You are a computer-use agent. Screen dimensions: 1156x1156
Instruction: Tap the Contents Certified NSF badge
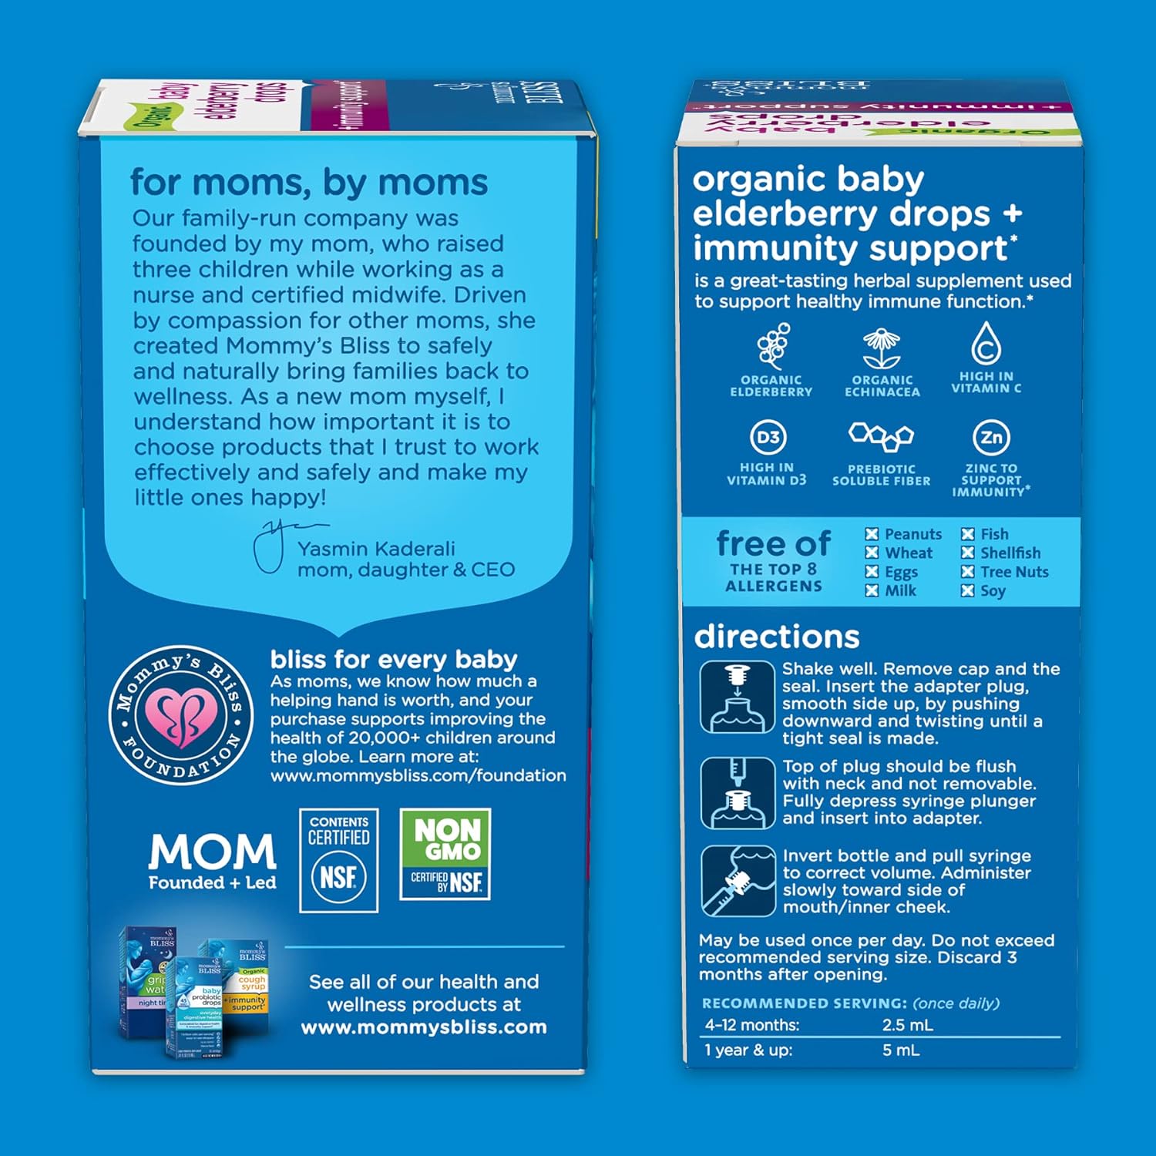click(x=338, y=860)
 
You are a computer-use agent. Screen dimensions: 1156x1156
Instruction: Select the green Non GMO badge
click(x=445, y=854)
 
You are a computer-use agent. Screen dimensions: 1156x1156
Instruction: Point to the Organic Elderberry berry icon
click(x=773, y=346)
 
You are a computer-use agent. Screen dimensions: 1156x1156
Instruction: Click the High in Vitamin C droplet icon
click(x=986, y=343)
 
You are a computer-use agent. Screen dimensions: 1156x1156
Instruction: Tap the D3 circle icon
click(x=768, y=438)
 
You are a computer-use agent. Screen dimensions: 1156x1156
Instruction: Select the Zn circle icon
click(x=991, y=438)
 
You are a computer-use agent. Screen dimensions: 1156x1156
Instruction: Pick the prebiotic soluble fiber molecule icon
click(x=881, y=437)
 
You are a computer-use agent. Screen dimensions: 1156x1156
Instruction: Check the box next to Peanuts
click(x=872, y=534)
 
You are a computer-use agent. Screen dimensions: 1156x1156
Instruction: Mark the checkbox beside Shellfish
click(x=968, y=553)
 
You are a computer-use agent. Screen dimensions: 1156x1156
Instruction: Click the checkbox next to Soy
click(x=968, y=591)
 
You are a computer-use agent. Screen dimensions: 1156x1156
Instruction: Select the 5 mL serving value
click(x=901, y=1050)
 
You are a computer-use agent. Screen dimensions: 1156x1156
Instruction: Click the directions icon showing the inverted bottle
click(x=738, y=881)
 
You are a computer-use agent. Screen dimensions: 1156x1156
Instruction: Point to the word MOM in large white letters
click(x=212, y=852)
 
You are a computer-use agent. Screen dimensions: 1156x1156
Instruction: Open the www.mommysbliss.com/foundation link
click(x=418, y=775)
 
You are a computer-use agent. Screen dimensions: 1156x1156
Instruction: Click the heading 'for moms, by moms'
click(x=309, y=183)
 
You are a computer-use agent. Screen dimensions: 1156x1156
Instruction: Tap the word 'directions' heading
click(x=776, y=637)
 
